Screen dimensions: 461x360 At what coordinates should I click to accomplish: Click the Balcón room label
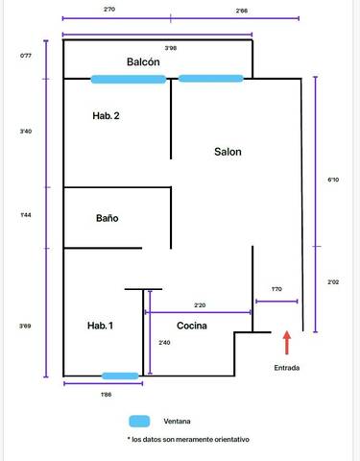click(x=143, y=61)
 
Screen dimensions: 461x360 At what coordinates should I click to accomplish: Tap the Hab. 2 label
click(x=106, y=116)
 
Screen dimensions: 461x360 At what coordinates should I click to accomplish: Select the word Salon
click(x=228, y=152)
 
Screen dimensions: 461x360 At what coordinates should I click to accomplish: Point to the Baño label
click(x=108, y=218)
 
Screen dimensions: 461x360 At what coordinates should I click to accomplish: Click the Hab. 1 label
click(x=100, y=326)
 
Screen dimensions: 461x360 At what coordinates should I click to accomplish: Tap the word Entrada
click(x=286, y=368)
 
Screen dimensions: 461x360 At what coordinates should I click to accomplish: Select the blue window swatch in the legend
click(x=140, y=421)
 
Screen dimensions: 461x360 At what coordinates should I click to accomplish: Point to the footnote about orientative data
click(x=188, y=440)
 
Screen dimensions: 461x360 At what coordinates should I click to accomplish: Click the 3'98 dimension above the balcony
click(x=171, y=47)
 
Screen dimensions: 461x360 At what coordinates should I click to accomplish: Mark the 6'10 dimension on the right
click(x=332, y=180)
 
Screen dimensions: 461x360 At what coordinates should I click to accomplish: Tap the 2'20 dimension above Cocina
click(x=200, y=304)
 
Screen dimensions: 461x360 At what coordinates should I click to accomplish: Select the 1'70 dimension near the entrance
click(x=276, y=289)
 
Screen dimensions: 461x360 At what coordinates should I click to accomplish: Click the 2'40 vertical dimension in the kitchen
click(x=164, y=342)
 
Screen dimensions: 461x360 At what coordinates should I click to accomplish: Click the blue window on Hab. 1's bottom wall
click(x=120, y=376)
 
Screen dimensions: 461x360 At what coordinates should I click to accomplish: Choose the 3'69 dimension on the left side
click(x=25, y=327)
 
